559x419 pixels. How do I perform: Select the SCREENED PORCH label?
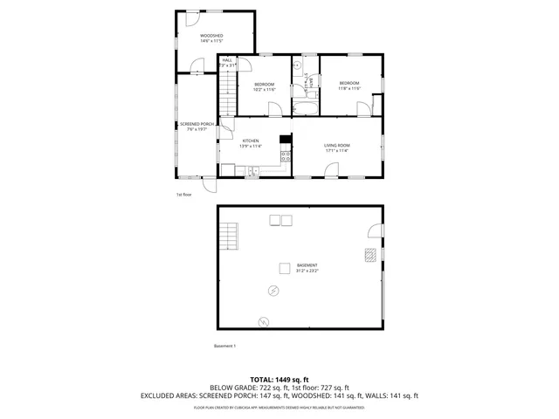(197, 127)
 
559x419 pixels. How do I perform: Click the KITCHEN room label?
(251, 143)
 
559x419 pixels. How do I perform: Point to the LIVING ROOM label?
(336, 148)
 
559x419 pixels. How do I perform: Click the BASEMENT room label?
(307, 267)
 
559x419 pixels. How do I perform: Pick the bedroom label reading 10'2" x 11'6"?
(265, 86)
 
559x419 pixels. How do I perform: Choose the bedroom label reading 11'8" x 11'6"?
(349, 86)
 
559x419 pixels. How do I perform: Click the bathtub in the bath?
(304, 109)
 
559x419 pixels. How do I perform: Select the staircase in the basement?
(230, 236)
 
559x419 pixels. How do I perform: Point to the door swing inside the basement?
(375, 230)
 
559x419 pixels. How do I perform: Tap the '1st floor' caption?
(183, 194)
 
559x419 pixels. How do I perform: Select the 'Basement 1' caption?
(225, 346)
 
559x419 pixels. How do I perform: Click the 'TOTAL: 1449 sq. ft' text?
(279, 379)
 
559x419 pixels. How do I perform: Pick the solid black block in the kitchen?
(285, 138)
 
